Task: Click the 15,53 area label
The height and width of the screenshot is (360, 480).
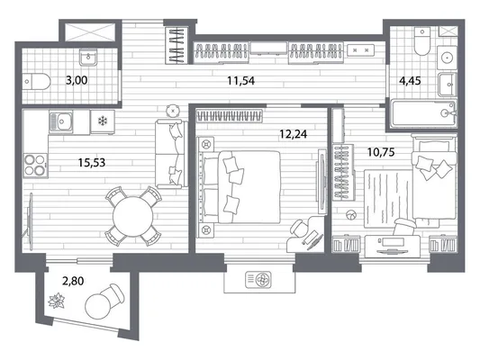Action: (92, 162)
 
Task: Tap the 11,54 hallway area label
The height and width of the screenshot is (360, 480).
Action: (241, 81)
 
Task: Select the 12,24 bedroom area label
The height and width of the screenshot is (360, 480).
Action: (294, 134)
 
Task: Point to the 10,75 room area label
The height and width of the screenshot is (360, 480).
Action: (381, 152)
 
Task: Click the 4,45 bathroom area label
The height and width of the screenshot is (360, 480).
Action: (410, 81)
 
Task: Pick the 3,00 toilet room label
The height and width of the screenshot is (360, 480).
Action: (77, 80)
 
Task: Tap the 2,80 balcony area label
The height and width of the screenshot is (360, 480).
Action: (73, 281)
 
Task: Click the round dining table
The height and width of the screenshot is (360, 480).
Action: (132, 217)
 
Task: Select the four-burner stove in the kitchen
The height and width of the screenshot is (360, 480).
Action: (35, 166)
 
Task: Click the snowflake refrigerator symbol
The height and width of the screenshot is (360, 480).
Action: (103, 121)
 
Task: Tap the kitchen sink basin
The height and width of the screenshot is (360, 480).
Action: (61, 122)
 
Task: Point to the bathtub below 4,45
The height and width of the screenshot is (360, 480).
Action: (424, 113)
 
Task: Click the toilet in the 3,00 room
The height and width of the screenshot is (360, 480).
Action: (37, 82)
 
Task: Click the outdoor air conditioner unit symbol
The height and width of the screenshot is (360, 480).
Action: (258, 280)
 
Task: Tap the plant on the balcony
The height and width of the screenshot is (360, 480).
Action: (58, 301)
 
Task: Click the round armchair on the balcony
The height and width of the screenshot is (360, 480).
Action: (104, 301)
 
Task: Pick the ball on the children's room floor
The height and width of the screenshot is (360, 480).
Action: (351, 215)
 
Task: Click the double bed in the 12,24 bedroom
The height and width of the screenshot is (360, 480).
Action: (240, 187)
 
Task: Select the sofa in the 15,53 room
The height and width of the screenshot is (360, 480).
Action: (171, 154)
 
